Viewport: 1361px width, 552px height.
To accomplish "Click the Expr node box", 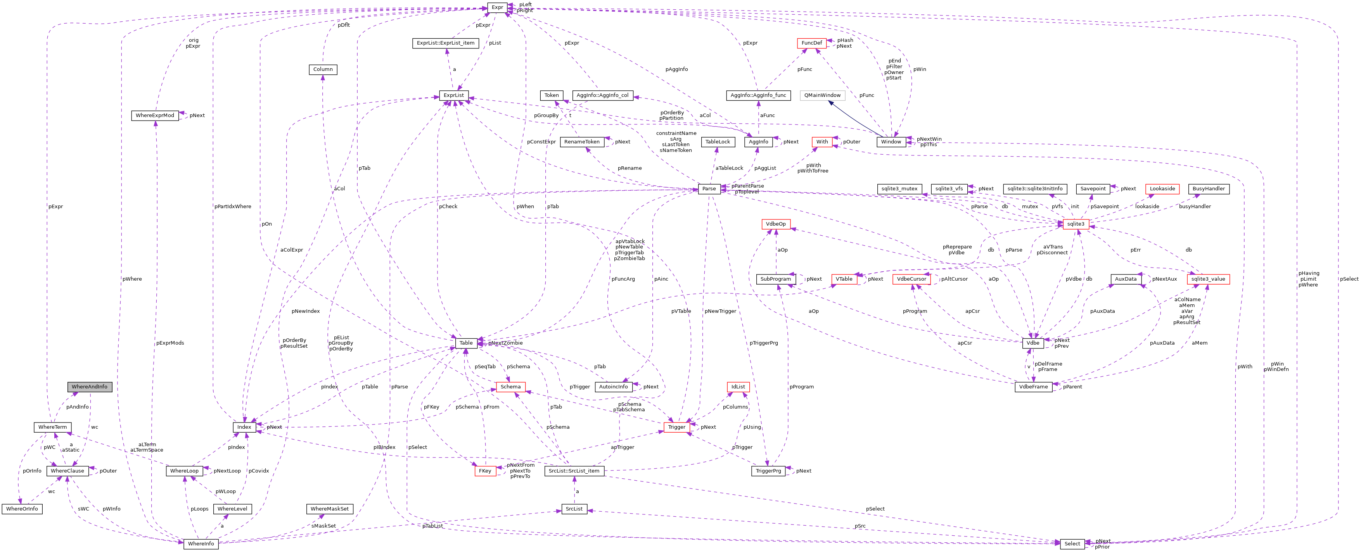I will click(497, 7).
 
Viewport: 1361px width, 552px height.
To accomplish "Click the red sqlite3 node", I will click(1076, 224).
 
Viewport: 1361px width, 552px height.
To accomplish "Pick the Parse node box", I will click(709, 188).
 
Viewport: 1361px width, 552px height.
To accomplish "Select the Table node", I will click(466, 343).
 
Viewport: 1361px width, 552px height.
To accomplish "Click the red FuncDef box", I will click(811, 43).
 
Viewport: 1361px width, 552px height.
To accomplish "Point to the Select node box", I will click(1072, 543).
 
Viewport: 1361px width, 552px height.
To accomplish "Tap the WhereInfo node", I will click(201, 543).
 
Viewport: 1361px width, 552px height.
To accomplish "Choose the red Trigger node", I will click(676, 427).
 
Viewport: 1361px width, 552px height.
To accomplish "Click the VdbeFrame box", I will click(1033, 386).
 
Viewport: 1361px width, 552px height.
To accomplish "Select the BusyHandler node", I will click(1208, 188).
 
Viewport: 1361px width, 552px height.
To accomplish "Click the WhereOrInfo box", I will click(22, 509).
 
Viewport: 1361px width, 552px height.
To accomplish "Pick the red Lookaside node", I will click(1162, 188).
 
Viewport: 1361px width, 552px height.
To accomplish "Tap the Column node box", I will click(323, 69).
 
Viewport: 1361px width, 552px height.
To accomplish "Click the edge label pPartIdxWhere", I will click(232, 207).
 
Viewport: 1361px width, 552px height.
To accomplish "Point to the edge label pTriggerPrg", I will click(763, 343).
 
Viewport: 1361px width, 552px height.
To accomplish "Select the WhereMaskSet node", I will click(329, 509).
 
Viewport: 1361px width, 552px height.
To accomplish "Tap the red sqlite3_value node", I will click(1208, 279).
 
